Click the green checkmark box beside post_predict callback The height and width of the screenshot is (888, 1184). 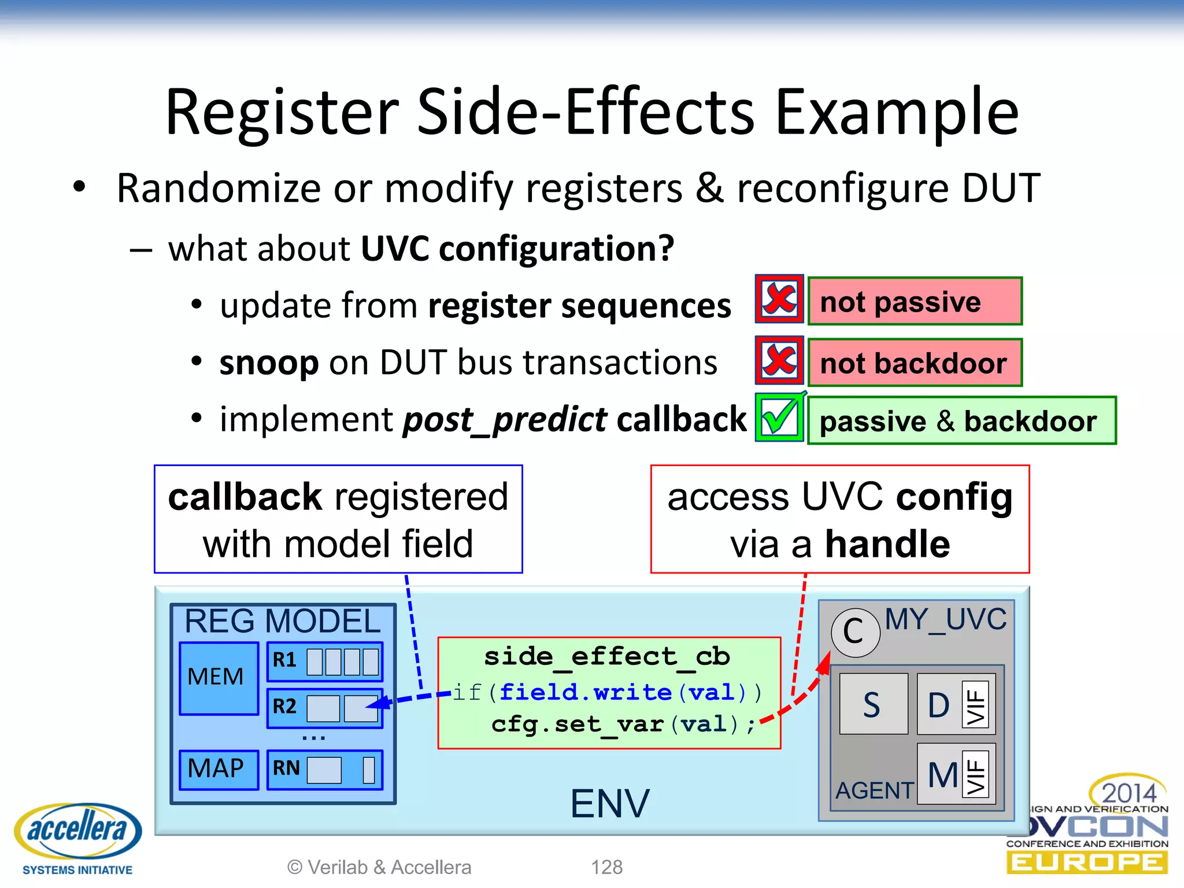click(x=779, y=417)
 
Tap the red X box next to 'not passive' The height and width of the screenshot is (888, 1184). click(x=779, y=299)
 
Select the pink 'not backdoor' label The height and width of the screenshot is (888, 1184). click(x=915, y=363)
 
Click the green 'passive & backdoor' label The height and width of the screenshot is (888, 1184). click(x=961, y=421)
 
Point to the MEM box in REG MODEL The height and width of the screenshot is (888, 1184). click(x=218, y=678)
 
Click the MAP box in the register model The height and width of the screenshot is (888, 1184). click(x=218, y=769)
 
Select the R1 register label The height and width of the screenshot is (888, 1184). click(x=284, y=660)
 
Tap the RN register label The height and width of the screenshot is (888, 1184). click(x=286, y=769)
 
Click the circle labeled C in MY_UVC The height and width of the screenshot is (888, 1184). click(x=854, y=632)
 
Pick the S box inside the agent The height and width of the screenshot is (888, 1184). click(x=873, y=704)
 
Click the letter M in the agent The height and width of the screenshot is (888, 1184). click(x=942, y=775)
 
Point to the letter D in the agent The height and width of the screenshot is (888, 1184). click(x=939, y=705)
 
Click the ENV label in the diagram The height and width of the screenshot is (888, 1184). click(x=609, y=804)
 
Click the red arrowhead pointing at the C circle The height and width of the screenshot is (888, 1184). click(x=824, y=662)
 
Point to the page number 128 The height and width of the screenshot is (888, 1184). click(x=606, y=867)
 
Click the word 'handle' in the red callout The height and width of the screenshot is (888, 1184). click(x=887, y=545)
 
